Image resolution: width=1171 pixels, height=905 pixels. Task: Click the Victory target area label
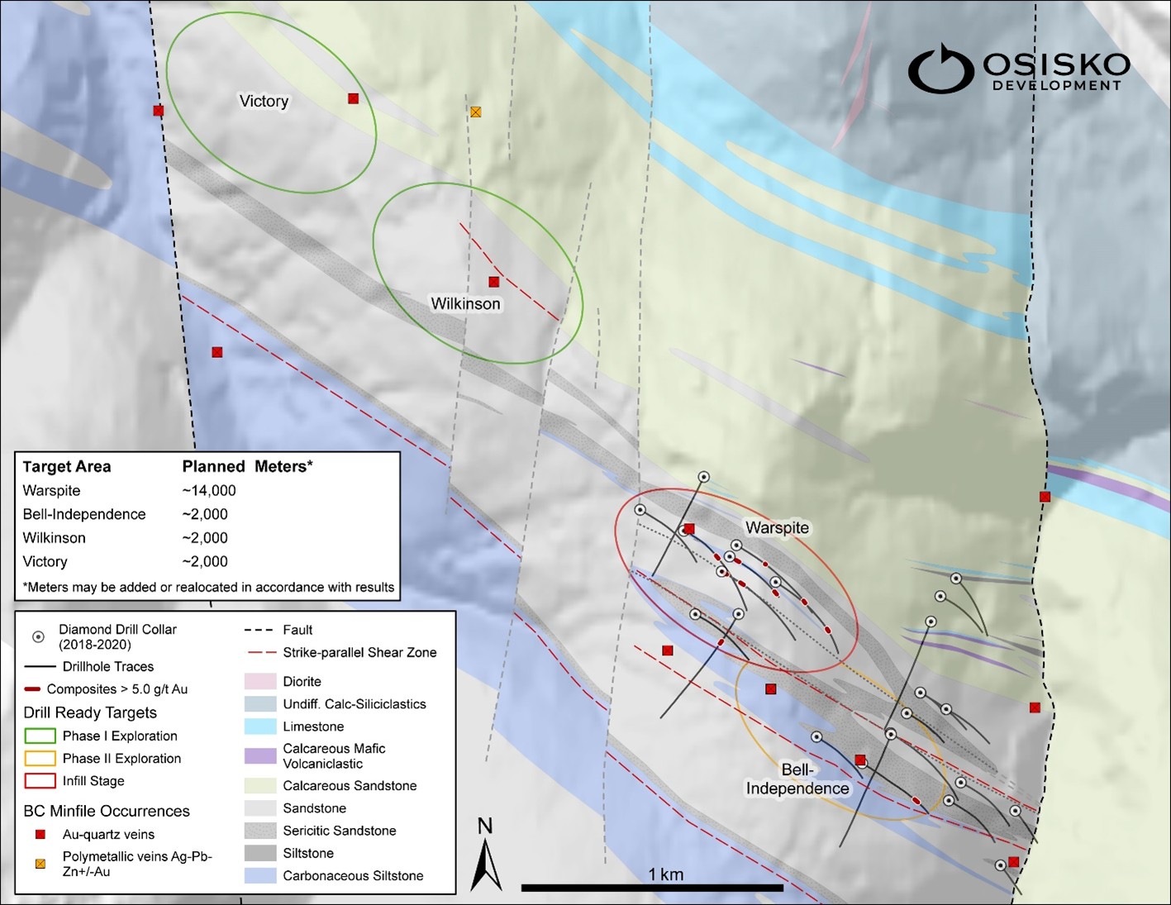tap(264, 101)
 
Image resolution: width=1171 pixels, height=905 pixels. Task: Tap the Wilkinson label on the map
tap(465, 303)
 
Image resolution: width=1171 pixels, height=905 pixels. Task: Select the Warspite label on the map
tap(777, 527)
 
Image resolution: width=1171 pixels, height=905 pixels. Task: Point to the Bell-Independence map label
tap(797, 779)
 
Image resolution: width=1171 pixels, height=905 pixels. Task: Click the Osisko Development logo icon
tap(940, 69)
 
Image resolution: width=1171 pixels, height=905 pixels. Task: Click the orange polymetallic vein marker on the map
tap(475, 112)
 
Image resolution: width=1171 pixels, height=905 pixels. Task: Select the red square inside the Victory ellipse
tap(353, 98)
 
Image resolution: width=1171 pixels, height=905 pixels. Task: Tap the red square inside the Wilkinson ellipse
tap(493, 282)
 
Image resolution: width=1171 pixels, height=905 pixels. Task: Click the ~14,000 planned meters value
tap(209, 490)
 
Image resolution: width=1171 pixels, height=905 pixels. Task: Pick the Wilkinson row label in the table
tap(55, 538)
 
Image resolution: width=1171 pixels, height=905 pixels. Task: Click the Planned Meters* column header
tap(247, 466)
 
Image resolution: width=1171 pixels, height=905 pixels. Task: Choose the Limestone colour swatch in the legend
tap(259, 726)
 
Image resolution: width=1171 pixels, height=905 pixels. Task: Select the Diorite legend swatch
tap(259, 681)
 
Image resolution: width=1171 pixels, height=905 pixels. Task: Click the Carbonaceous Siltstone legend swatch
tap(259, 875)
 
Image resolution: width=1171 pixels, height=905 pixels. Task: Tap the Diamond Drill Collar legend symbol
tap(38, 637)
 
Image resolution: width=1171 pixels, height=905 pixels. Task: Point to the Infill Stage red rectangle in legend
tap(39, 781)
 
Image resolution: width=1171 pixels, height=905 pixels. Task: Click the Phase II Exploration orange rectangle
tap(39, 758)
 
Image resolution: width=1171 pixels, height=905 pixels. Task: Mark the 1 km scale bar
tap(652, 888)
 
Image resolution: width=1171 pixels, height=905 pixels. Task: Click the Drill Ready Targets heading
tap(90, 712)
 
